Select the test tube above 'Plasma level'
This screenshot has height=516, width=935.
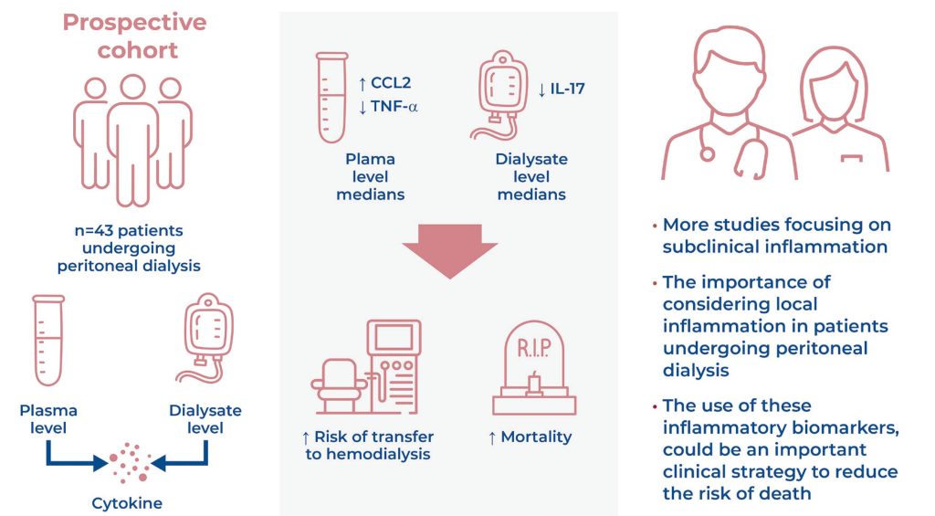click(x=48, y=340)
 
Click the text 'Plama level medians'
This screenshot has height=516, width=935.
click(x=371, y=177)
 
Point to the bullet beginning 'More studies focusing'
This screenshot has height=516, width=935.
click(x=776, y=235)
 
